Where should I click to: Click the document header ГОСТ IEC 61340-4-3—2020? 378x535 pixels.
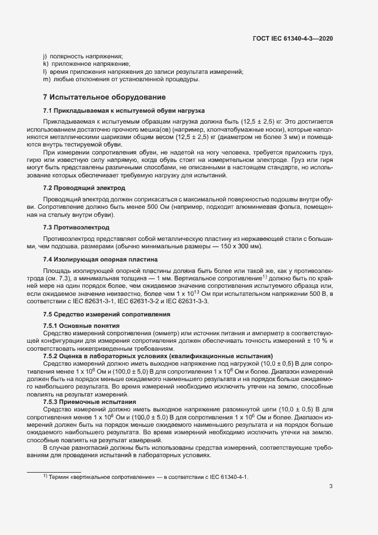[x=293, y=38]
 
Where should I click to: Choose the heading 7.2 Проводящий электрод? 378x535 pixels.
[x=84, y=188]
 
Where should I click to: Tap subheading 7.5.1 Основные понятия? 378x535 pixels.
[x=77, y=325]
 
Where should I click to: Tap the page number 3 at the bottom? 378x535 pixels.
[x=331, y=487]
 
